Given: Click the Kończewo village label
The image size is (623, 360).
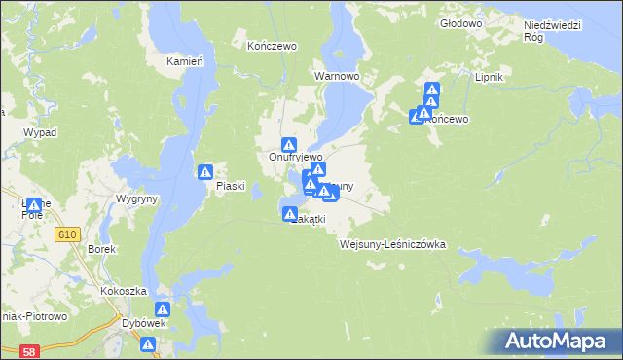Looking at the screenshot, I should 272,46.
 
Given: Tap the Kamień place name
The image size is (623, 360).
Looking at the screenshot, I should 184,61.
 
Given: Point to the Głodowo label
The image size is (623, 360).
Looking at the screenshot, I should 461,22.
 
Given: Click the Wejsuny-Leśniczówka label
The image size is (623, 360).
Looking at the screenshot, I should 392,244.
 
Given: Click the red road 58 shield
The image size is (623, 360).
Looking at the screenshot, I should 30,350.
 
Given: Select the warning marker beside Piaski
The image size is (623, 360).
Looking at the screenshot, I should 206,172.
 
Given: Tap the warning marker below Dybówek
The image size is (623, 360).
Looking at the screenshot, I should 148,344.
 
